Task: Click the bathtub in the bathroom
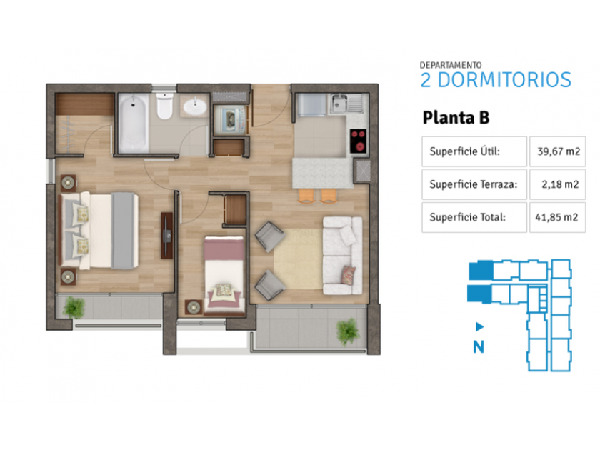coord(133,123)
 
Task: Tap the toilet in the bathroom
coord(164,106)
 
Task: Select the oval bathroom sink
coord(195,106)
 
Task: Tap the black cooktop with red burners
coord(359,141)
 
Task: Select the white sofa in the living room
coord(342,256)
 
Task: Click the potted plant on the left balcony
coord(74,307)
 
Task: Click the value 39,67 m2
coord(559,151)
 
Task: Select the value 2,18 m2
coord(560,184)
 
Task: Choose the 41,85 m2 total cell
coord(557,217)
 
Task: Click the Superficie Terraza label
coord(474,184)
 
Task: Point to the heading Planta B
coord(456,117)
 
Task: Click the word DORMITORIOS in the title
coord(504,80)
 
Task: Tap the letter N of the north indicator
coord(479,346)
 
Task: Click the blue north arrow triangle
coord(480,327)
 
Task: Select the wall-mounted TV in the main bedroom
coord(167,236)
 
